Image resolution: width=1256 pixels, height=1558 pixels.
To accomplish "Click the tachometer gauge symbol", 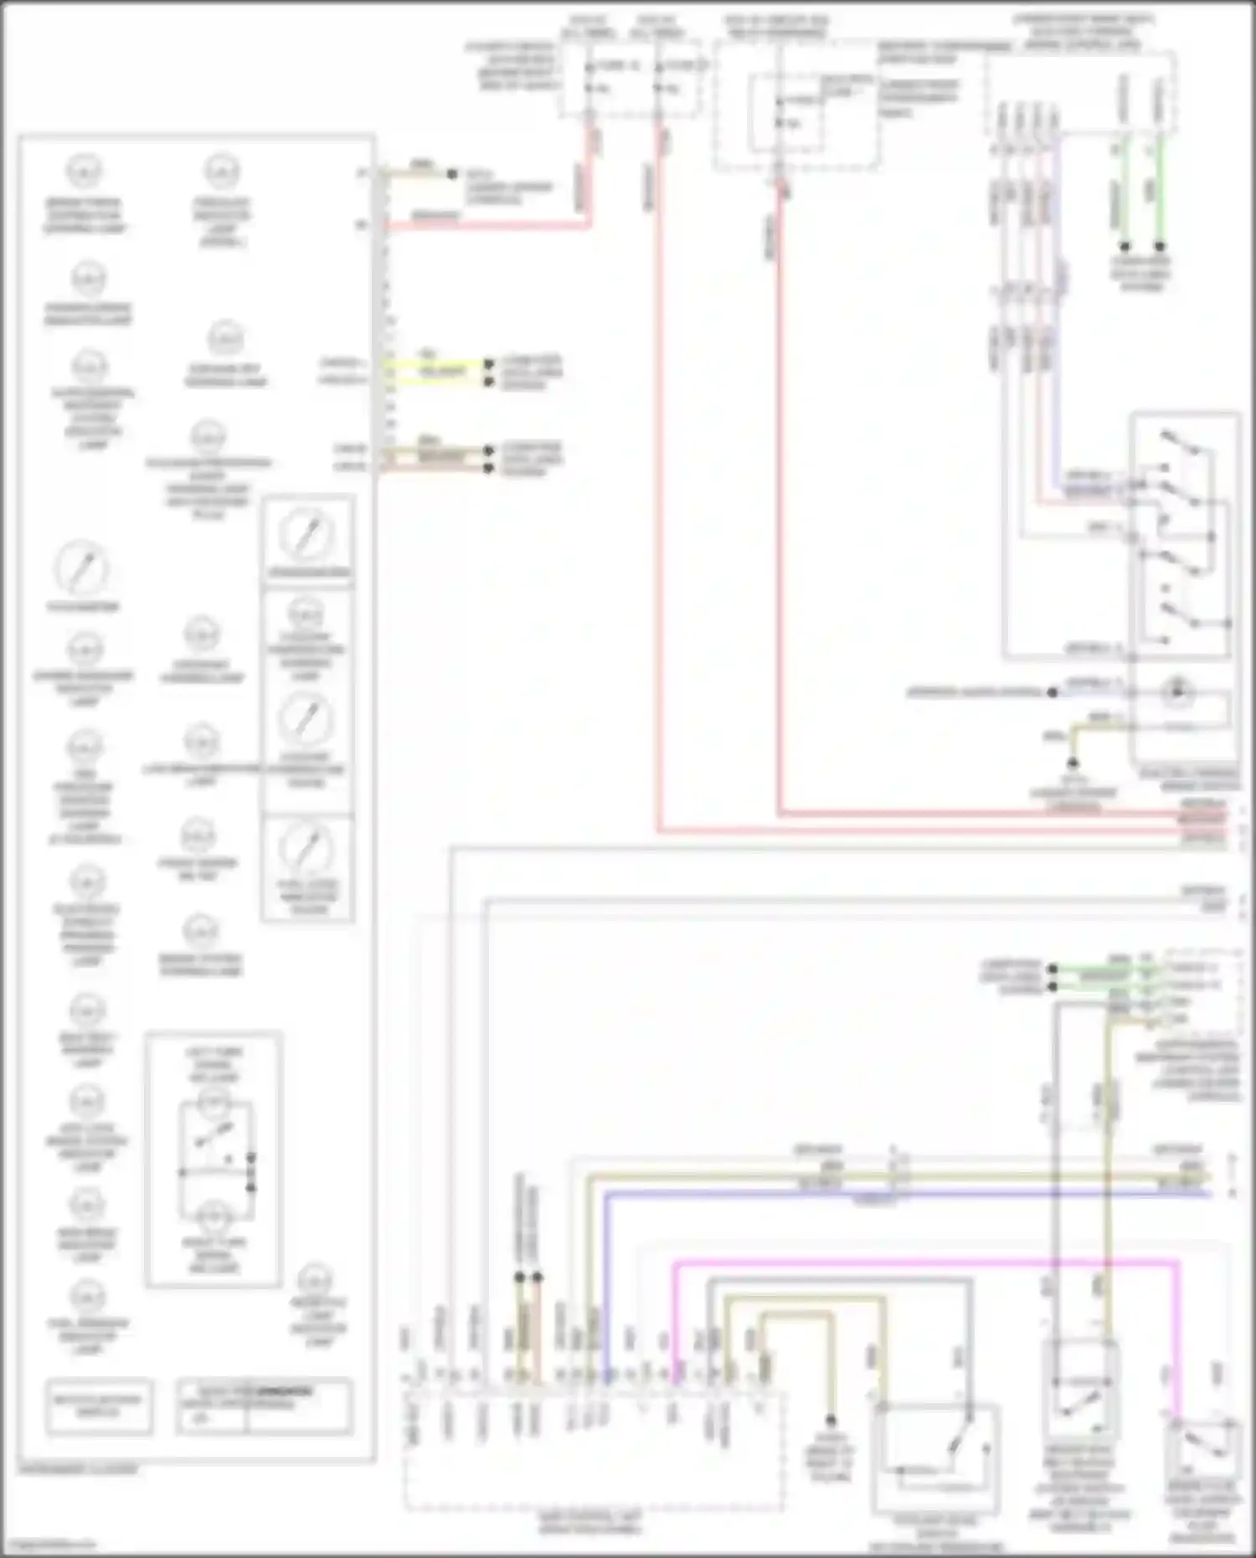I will pos(82,568).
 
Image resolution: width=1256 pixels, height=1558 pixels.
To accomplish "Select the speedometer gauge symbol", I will pos(307,533).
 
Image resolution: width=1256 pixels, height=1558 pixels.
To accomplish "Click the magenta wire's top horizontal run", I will pos(921,1262).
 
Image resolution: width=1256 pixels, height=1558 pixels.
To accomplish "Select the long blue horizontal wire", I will pos(904,1194).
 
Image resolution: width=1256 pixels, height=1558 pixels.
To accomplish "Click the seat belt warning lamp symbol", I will pos(86,1012).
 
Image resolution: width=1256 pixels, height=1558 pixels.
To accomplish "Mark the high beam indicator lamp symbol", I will pos(86,1206).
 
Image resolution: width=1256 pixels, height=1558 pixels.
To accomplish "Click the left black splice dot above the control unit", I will pos(519,1278).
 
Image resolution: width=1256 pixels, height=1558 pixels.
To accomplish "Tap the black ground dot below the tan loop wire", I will pos(831,1421).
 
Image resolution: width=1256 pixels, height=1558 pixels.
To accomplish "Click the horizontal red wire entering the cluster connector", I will pos(486,225).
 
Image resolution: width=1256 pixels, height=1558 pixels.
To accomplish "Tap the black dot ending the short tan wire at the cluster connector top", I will pos(452,174).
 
